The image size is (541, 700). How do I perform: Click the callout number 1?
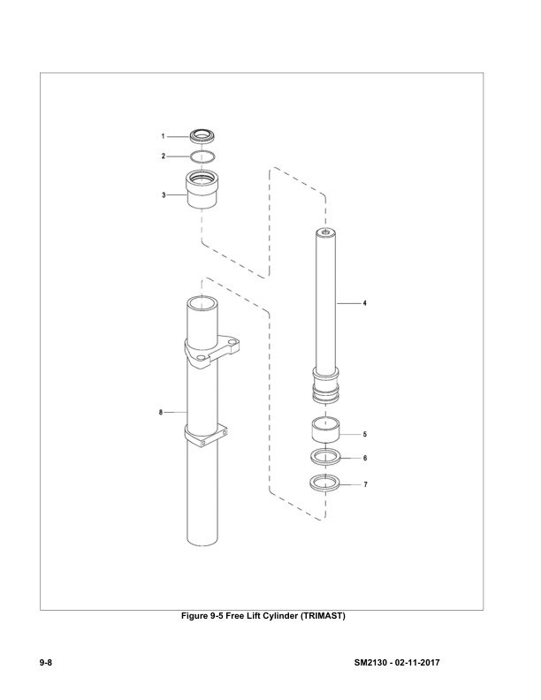[x=163, y=137]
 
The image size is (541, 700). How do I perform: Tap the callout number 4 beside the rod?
[x=365, y=303]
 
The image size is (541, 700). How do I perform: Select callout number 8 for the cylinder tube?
[x=160, y=412]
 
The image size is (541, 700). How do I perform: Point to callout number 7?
[x=365, y=484]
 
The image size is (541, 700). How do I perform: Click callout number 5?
[x=365, y=435]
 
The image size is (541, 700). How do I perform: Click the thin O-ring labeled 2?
[x=202, y=156]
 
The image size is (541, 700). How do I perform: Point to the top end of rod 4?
[x=326, y=233]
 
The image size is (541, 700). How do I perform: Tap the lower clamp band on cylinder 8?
[x=208, y=436]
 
